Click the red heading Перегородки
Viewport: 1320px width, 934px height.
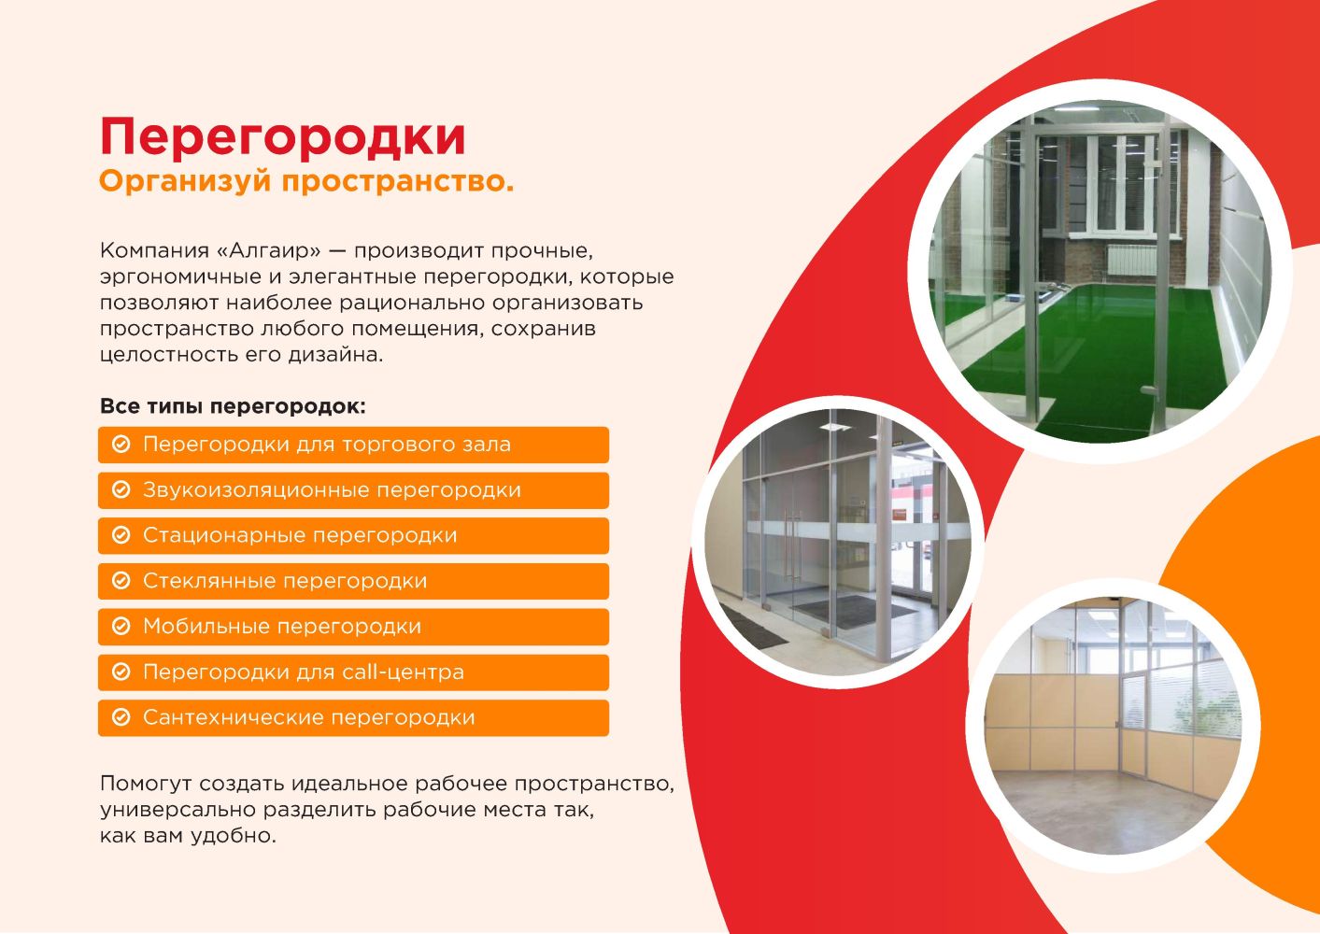(x=283, y=137)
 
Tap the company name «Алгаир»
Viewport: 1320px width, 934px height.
(x=269, y=250)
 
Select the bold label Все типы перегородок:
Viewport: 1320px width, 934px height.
(x=233, y=406)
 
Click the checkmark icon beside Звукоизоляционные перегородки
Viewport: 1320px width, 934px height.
(x=121, y=489)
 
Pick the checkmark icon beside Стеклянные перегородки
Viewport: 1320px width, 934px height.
(x=121, y=580)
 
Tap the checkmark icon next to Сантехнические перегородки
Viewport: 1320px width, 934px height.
(x=121, y=717)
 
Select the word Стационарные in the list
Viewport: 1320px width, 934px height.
(x=224, y=535)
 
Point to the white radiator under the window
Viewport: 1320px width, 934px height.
(x=1131, y=260)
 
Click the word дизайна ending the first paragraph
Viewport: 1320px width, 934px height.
(x=335, y=355)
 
